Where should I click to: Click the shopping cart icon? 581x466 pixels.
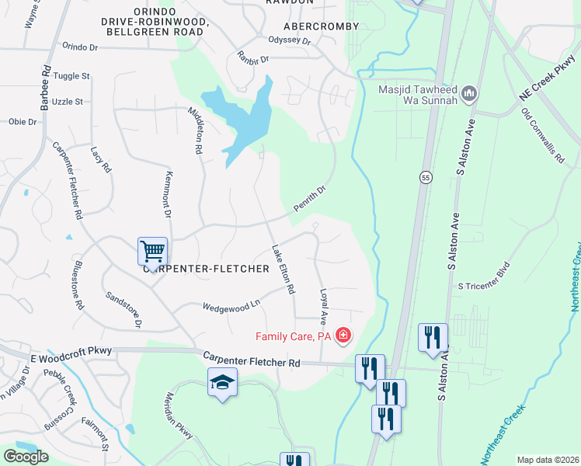(x=152, y=251)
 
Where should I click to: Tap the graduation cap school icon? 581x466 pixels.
(x=222, y=382)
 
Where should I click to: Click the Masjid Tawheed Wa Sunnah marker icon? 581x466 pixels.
(x=468, y=95)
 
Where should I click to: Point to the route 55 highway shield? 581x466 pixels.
(x=426, y=178)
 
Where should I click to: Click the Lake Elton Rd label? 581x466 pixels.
(x=282, y=270)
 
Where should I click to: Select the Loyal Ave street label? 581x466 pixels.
(x=324, y=308)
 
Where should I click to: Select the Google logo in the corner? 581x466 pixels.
(x=26, y=457)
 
